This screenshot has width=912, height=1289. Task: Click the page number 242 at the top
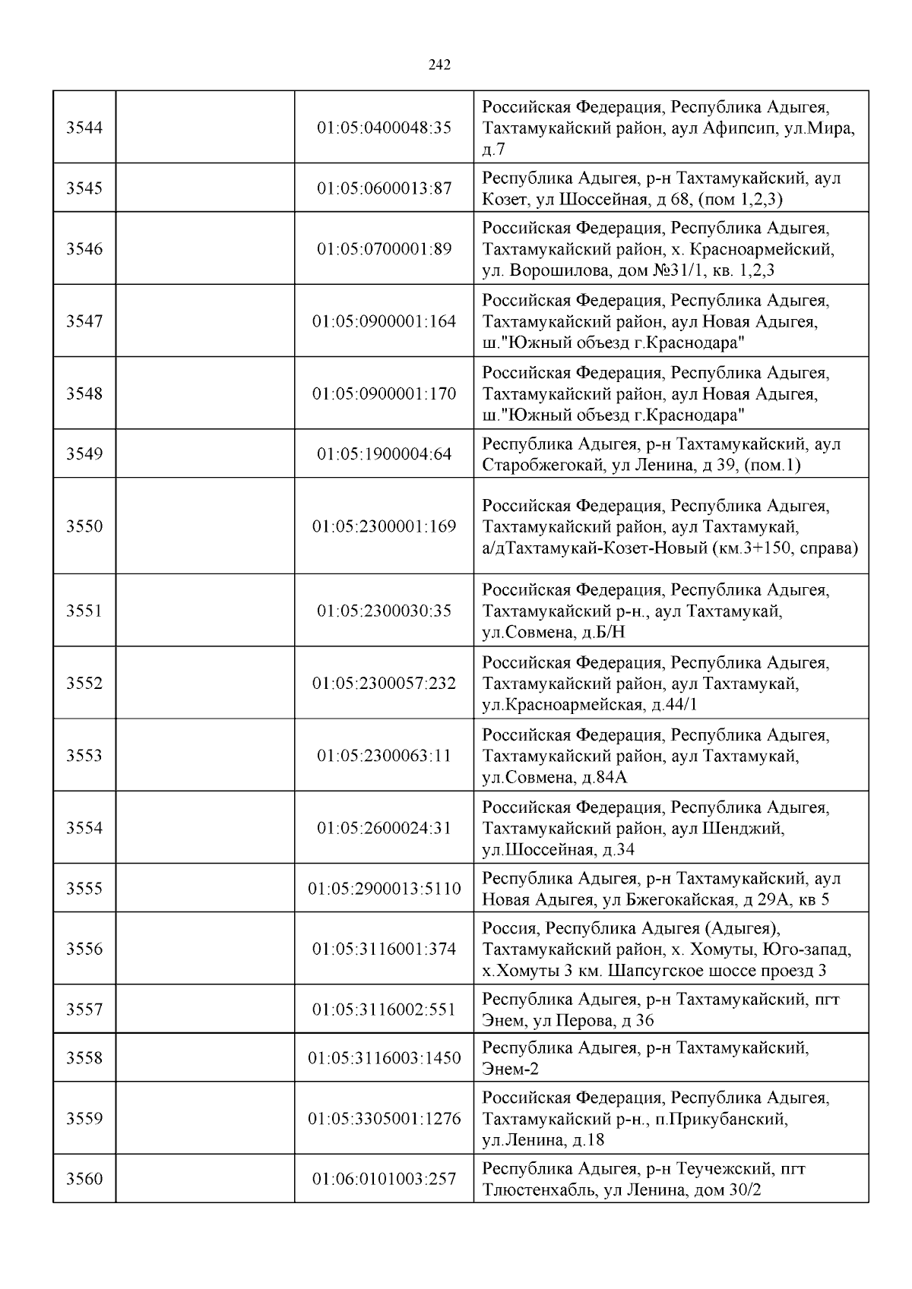[439, 65]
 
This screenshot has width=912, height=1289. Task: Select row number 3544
[84, 128]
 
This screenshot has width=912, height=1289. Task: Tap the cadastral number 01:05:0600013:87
[384, 188]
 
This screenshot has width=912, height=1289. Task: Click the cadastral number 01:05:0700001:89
[384, 249]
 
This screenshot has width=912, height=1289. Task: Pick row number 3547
[84, 321]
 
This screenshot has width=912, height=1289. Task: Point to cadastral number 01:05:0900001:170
[384, 394]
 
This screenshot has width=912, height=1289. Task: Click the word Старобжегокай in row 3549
[543, 466]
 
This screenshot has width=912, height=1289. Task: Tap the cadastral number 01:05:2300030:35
[384, 611]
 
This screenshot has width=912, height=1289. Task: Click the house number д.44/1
[675, 705]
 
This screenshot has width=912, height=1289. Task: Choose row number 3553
[84, 756]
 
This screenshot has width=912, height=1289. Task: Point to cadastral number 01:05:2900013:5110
[384, 889]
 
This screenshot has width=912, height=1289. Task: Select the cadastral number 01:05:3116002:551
[384, 1009]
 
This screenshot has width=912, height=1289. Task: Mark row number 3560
[84, 1179]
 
